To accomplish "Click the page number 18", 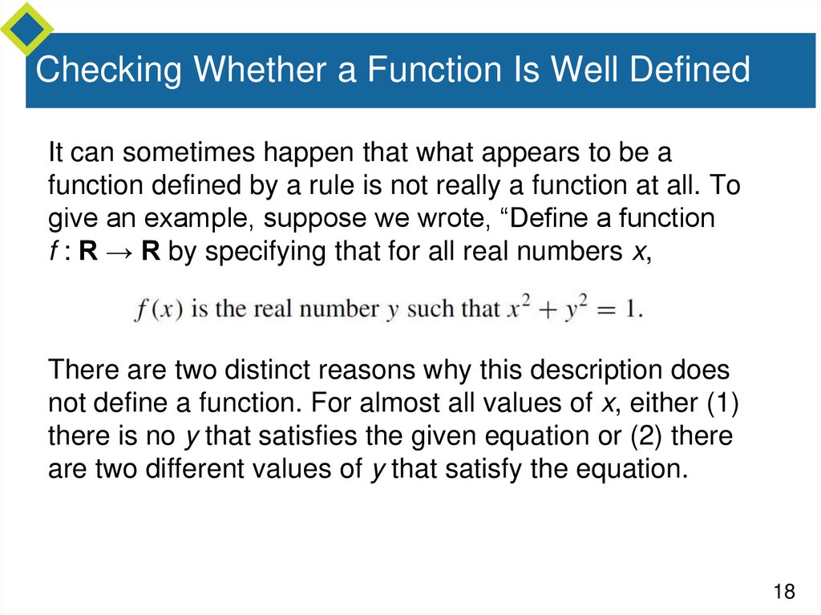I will [783, 592].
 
